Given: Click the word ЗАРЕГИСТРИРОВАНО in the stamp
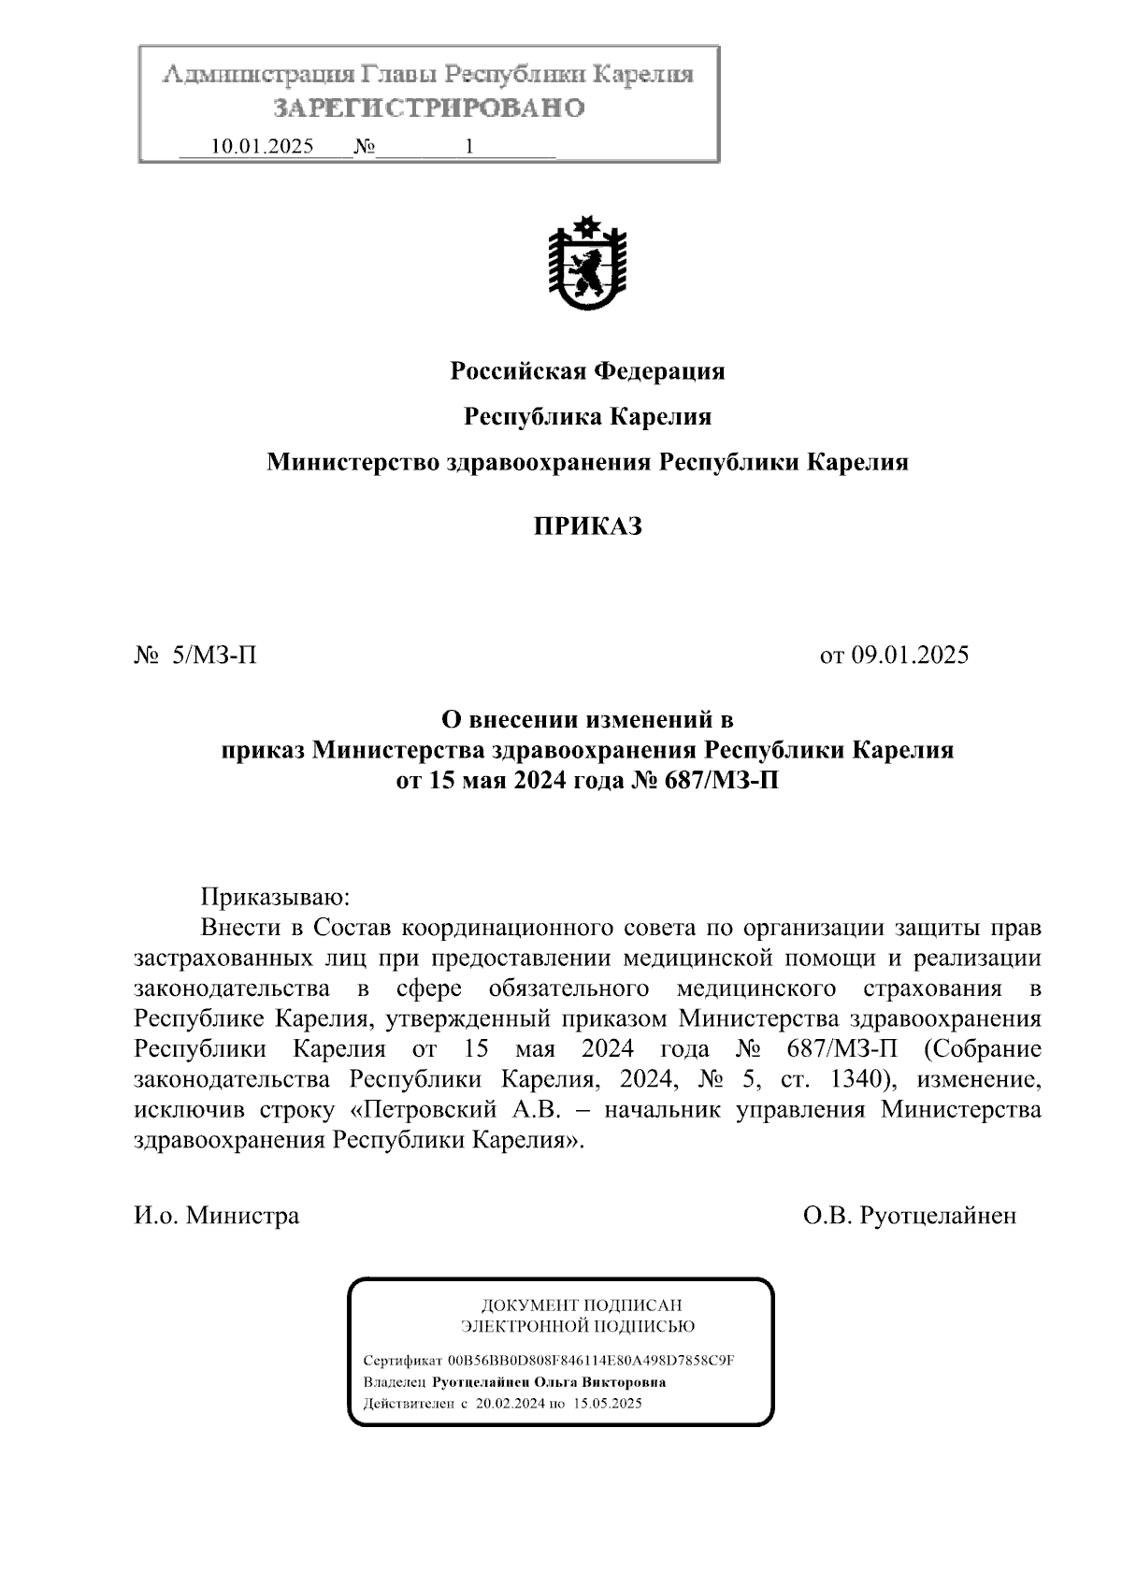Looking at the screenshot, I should point(429,108).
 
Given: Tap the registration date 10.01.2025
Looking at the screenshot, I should point(263,147).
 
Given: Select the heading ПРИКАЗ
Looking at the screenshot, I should point(587,527).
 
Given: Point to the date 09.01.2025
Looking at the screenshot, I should point(909,655).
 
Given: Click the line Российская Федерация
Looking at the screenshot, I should point(587,371).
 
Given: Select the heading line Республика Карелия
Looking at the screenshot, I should point(587,416).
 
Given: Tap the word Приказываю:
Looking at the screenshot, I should point(275,898).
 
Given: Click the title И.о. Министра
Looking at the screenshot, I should point(217,1216).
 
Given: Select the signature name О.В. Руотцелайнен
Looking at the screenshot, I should point(909,1216).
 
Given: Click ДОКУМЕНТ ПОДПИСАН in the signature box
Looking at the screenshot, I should point(581,1306).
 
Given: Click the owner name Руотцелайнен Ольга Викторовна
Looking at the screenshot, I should point(549,1382).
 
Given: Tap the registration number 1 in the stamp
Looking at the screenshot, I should point(468,147).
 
